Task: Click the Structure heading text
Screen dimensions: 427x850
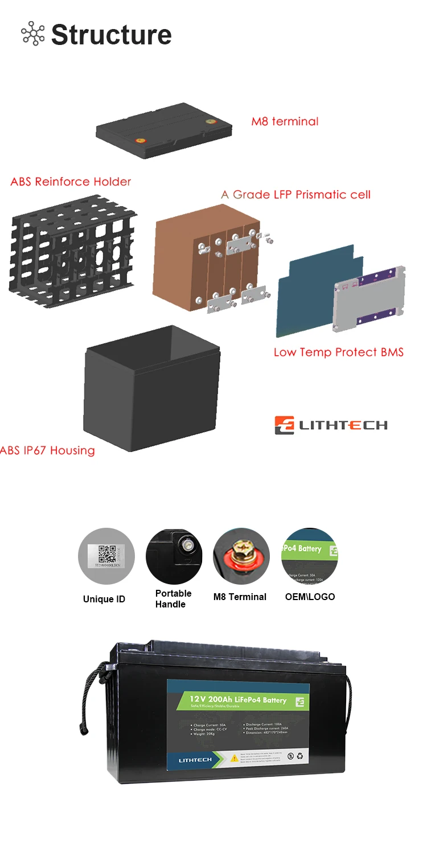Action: coord(111,35)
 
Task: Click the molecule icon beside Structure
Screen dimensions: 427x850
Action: coord(32,34)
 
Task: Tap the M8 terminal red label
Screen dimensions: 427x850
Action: coord(285,121)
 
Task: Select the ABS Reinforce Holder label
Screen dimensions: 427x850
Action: coord(71,182)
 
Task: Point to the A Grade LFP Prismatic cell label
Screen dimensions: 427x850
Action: coord(295,195)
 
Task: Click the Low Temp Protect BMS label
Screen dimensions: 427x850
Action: coord(338,352)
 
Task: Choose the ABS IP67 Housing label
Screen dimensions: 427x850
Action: coord(48,450)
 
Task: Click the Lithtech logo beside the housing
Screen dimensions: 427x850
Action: coord(331,425)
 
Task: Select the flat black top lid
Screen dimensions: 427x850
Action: coord(164,130)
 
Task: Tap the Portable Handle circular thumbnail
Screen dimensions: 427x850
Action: coord(174,556)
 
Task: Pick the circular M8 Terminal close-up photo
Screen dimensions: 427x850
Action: coord(241,556)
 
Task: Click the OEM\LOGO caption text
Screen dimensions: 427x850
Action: coord(310,597)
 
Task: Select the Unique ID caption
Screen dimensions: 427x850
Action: coord(104,599)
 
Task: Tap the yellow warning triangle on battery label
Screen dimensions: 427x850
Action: coord(235,758)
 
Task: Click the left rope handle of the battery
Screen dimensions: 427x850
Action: coord(89,700)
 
